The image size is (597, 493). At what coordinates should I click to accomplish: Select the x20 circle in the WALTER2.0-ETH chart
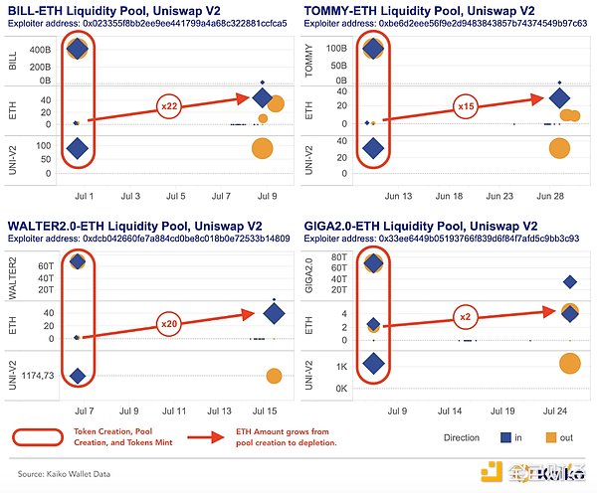pyautogui.click(x=170, y=324)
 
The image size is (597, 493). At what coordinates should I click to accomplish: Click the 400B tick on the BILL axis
pyautogui.click(x=40, y=49)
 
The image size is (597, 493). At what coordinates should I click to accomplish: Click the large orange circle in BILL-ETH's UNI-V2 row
pyautogui.click(x=262, y=149)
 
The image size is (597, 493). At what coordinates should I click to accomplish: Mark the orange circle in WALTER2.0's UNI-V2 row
pyautogui.click(x=274, y=376)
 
